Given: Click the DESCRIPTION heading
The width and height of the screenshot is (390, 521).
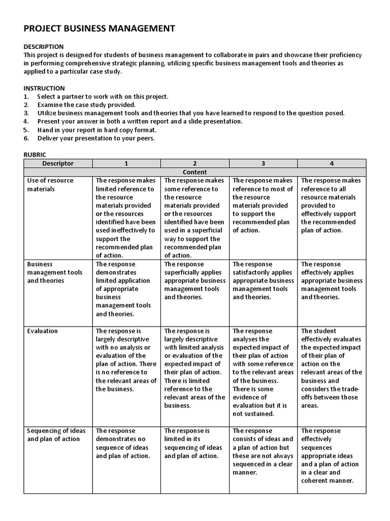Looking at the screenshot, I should (x=44, y=47).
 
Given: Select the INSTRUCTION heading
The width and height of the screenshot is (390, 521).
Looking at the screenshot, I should (x=44, y=89).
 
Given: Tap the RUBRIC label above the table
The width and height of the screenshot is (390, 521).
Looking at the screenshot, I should (x=35, y=154).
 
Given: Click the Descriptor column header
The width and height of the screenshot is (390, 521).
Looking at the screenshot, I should (x=58, y=163).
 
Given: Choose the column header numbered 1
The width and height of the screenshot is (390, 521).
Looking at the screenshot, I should (x=126, y=163).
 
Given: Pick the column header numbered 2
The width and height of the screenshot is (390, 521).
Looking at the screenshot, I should (x=195, y=163).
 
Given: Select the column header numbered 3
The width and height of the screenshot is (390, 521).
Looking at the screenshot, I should (x=263, y=163).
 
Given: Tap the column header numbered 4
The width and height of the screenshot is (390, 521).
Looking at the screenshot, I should (x=332, y=163).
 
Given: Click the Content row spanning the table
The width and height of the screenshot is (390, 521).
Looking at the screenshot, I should (x=195, y=172).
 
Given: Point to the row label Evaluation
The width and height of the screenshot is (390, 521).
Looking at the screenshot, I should (x=43, y=331).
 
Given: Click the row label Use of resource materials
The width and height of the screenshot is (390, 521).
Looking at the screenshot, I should (x=50, y=185).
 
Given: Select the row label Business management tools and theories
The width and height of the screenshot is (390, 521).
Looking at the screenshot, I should (x=54, y=273).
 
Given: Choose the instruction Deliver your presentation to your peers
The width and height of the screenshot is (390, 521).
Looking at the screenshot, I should (x=96, y=138).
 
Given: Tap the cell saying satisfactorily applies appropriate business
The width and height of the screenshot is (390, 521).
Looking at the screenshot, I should (x=263, y=281).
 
